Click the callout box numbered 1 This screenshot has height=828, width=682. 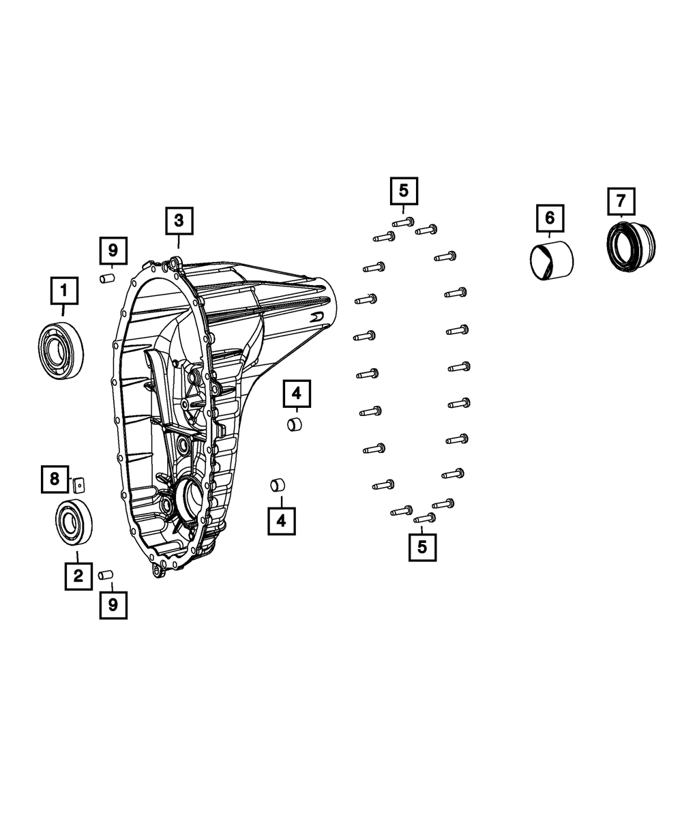point(63,291)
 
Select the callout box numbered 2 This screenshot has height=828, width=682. point(78,576)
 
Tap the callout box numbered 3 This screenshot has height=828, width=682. point(178,220)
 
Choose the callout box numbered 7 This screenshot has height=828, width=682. point(621,201)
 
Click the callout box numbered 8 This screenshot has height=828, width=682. point(55,479)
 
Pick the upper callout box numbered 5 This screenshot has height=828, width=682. point(404,190)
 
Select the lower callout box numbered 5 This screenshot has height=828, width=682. point(422,546)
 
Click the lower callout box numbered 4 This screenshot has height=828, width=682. point(281,521)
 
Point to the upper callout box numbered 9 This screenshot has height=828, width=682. point(113,250)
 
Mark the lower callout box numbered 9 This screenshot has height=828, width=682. point(113,604)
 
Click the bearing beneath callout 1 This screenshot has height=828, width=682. point(61,348)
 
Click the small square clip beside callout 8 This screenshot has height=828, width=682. point(79,484)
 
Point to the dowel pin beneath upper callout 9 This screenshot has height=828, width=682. point(106,278)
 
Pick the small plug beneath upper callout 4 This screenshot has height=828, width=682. point(295,424)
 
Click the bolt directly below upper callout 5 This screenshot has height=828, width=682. point(403,222)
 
